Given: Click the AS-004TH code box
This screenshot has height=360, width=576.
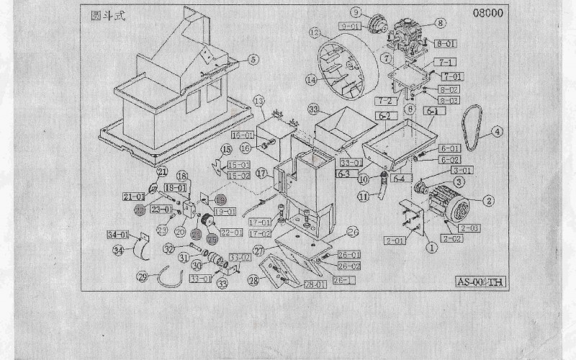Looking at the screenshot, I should (x=480, y=282).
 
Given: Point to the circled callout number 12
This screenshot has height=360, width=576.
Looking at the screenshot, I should (x=314, y=32).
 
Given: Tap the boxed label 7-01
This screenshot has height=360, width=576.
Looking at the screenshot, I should (x=452, y=76).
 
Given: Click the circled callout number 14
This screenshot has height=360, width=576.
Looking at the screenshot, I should (x=311, y=80).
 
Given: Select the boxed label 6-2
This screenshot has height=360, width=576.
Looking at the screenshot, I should (x=384, y=115).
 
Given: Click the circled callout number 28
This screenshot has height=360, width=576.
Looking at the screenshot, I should (x=253, y=279).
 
